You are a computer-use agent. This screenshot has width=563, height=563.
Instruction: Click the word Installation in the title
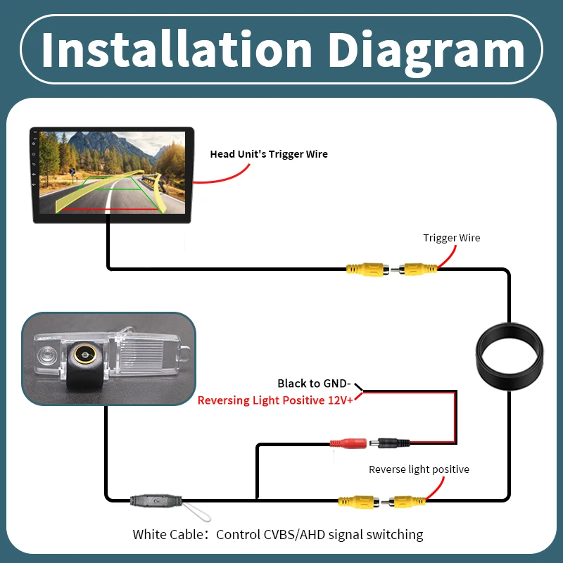coord(177,49)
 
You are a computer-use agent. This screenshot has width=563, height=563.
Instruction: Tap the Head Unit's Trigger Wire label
coord(269,154)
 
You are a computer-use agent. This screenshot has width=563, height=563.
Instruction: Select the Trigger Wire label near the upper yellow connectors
coord(451,238)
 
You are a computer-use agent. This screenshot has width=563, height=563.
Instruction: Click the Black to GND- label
coord(314,384)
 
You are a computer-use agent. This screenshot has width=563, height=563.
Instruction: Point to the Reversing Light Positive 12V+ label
coord(275,400)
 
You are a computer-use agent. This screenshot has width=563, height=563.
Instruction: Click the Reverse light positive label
coord(419,469)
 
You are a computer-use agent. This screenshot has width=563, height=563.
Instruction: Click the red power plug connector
coord(348,443)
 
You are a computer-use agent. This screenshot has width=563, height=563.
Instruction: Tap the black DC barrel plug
coord(390,443)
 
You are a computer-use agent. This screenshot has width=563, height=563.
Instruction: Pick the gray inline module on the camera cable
coord(156,500)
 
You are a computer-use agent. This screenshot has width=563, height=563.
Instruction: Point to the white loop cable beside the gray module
coord(197,512)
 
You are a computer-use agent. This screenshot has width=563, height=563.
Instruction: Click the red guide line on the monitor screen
coord(110,209)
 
